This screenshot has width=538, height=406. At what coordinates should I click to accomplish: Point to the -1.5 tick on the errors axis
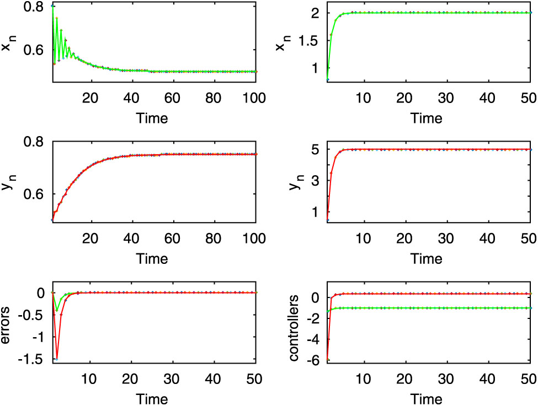point(31,359)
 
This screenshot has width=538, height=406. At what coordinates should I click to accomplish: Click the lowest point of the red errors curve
point(57,359)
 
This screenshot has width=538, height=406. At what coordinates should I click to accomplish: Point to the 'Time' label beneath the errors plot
point(153,398)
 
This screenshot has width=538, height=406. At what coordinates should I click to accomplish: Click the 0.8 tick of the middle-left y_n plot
point(34,141)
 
